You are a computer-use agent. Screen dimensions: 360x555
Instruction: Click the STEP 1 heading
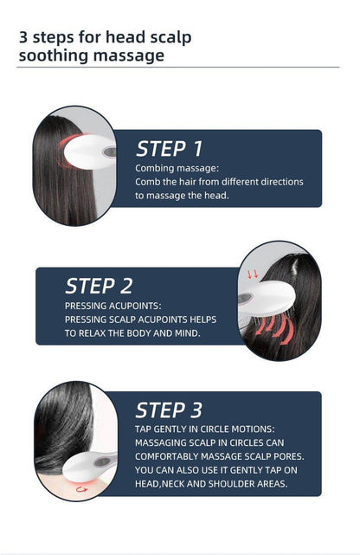pos(169,149)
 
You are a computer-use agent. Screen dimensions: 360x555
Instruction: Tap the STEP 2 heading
pos(99,286)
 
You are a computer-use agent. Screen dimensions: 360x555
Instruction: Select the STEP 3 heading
pos(169,410)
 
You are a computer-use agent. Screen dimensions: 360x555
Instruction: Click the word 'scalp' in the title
pos(170,38)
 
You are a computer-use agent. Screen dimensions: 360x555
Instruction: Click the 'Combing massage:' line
pos(177,168)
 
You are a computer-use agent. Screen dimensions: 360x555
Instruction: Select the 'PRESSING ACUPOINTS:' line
pos(112,306)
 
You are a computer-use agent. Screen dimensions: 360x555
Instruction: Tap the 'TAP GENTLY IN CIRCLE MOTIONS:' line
pos(205,429)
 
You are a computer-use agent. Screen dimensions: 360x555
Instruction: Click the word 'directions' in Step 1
pos(282,182)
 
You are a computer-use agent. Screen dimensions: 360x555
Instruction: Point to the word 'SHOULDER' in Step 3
pos(231,484)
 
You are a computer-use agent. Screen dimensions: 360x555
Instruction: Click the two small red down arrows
pos(253,274)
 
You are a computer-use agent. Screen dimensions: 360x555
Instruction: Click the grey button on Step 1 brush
pos(110,152)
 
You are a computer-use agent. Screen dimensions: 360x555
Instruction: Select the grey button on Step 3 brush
pos(103,461)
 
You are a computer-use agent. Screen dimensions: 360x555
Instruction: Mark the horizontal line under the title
pos(178,67)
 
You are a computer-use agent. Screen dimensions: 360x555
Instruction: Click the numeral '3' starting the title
pos(23,37)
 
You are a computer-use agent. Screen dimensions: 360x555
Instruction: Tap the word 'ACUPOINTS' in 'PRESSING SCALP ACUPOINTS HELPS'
pos(163,319)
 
